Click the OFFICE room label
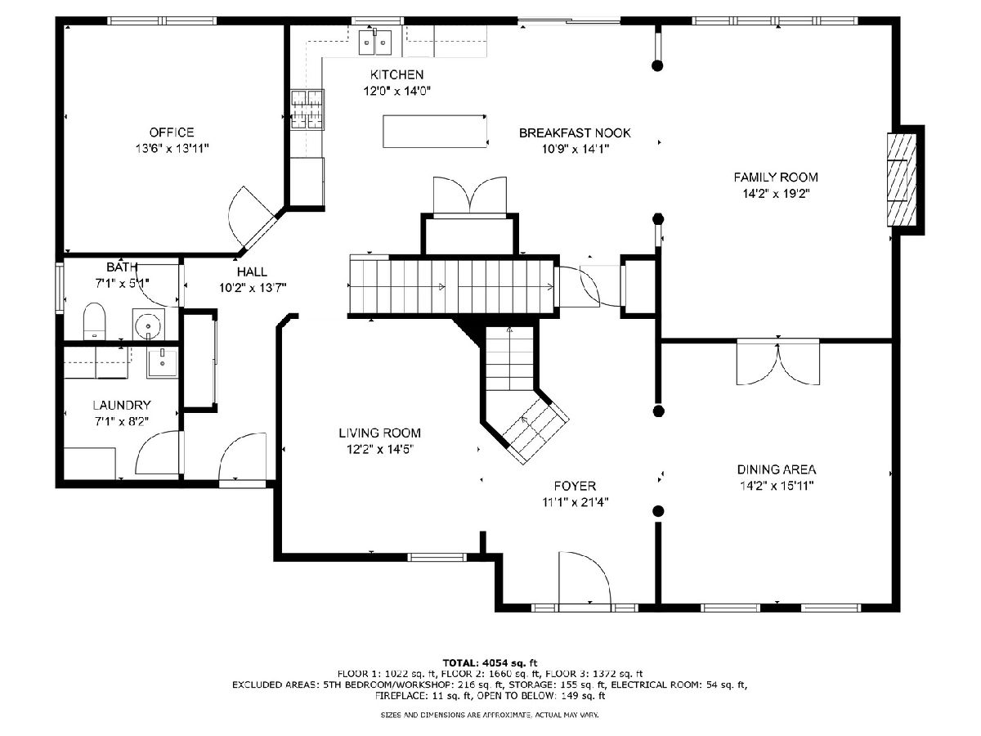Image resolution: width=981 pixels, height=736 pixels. click(172, 132)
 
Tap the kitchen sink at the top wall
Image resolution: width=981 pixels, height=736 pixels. click(375, 42)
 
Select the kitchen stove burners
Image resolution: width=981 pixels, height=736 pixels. click(307, 110)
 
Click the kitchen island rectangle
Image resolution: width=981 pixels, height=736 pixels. click(434, 132)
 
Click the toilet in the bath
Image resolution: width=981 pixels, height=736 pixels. click(94, 321)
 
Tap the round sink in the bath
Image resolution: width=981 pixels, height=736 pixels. click(149, 325)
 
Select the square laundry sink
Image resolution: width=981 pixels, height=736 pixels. click(162, 362)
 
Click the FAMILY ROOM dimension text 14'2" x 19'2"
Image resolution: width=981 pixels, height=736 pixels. click(776, 194)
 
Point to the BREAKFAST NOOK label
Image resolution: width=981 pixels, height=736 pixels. click(575, 132)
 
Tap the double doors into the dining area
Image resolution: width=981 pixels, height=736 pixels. click(778, 362)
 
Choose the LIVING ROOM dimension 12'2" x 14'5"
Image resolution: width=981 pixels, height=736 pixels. click(380, 449)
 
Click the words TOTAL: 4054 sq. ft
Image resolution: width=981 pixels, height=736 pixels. click(490, 662)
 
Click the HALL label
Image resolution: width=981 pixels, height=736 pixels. click(252, 272)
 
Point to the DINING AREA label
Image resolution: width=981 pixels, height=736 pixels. click(777, 469)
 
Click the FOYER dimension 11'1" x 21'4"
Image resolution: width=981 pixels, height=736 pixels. click(576, 503)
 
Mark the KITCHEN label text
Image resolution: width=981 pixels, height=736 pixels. click(396, 74)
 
